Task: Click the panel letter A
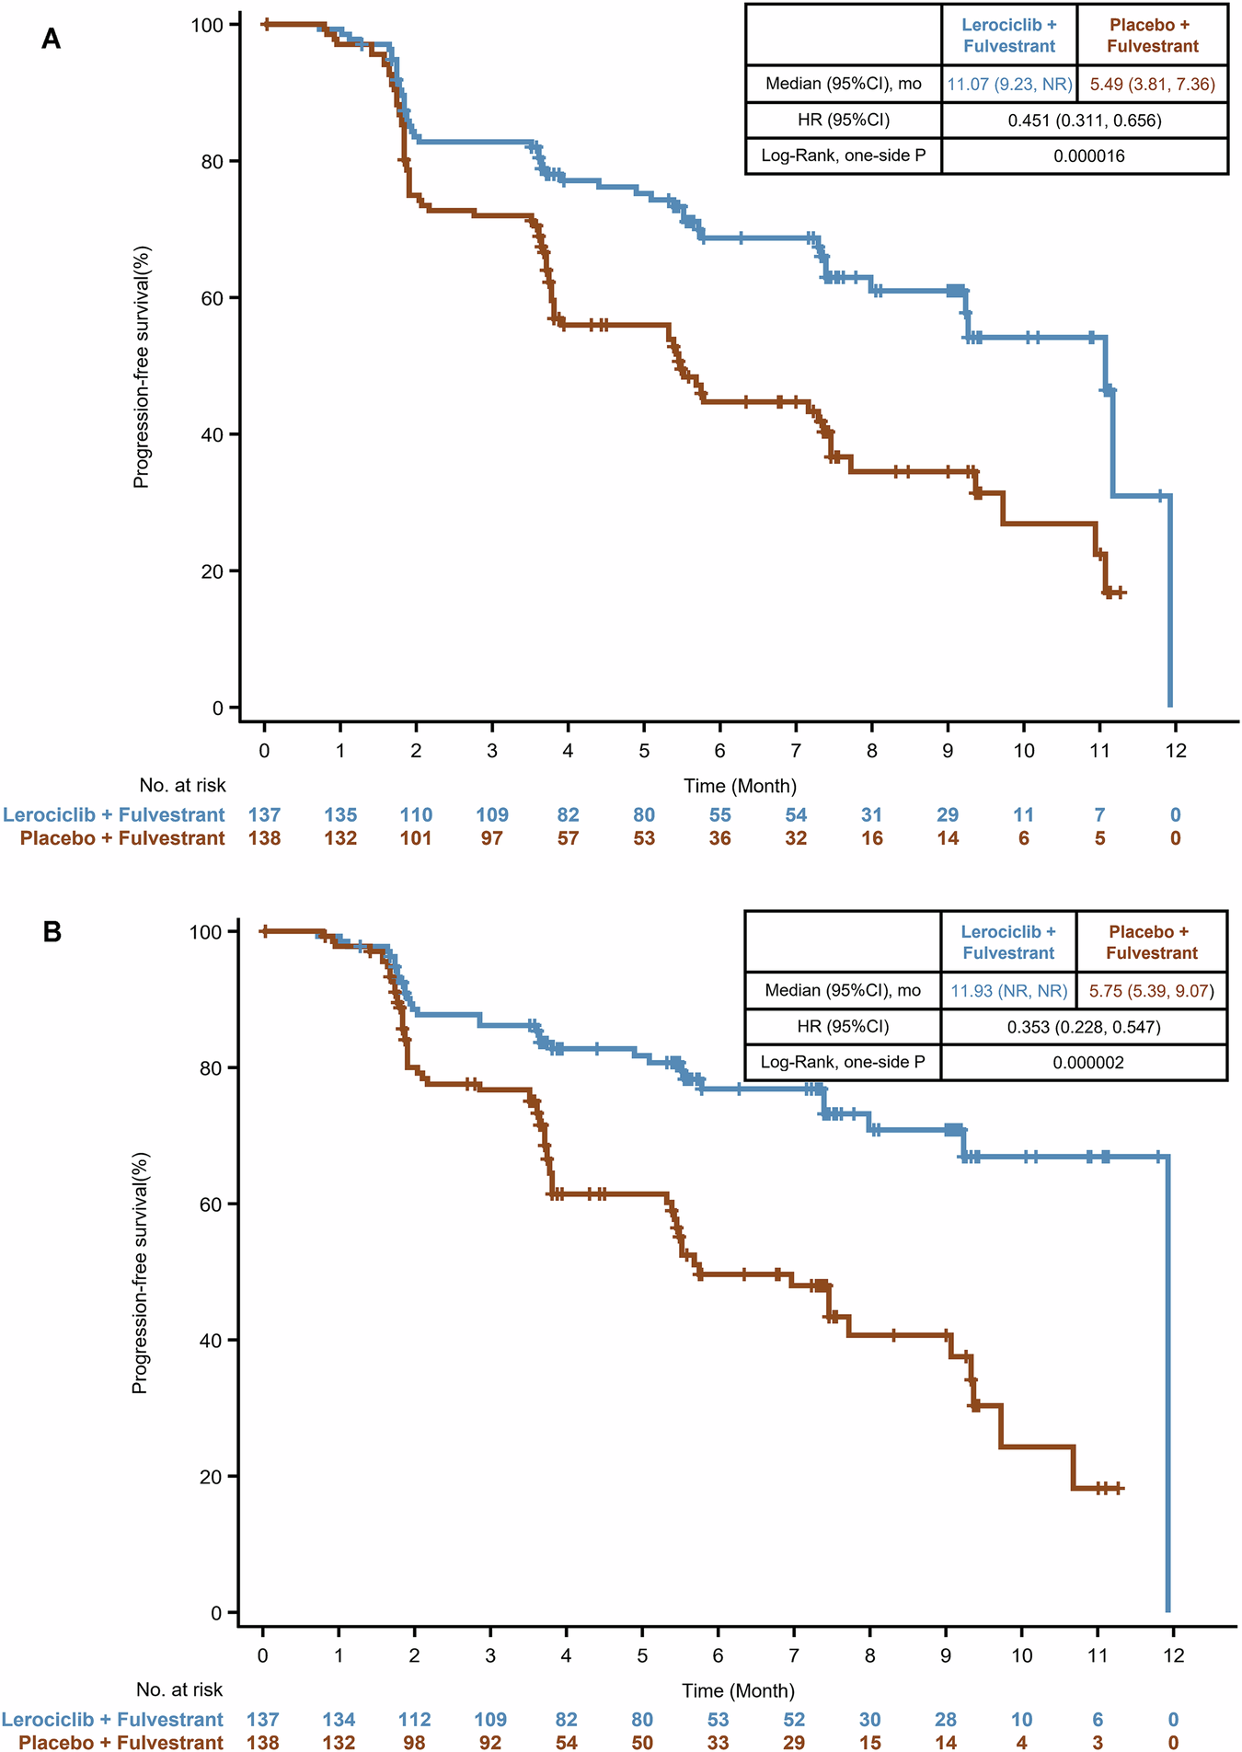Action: [x=52, y=40]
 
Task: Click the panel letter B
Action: [x=52, y=931]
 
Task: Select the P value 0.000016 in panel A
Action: [x=1088, y=156]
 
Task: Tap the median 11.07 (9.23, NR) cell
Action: [x=1009, y=84]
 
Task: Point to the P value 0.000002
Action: [x=1087, y=1062]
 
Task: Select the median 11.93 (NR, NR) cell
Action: [x=1008, y=990]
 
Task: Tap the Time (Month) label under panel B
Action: [x=738, y=1690]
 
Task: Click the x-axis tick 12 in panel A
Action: [x=1175, y=750]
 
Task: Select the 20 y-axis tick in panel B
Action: [x=211, y=1477]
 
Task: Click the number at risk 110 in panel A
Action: [x=416, y=814]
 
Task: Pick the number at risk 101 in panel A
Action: [x=416, y=838]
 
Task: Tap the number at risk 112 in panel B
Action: [x=415, y=1720]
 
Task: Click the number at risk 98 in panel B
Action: [x=415, y=1742]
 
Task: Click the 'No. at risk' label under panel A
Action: [x=182, y=785]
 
